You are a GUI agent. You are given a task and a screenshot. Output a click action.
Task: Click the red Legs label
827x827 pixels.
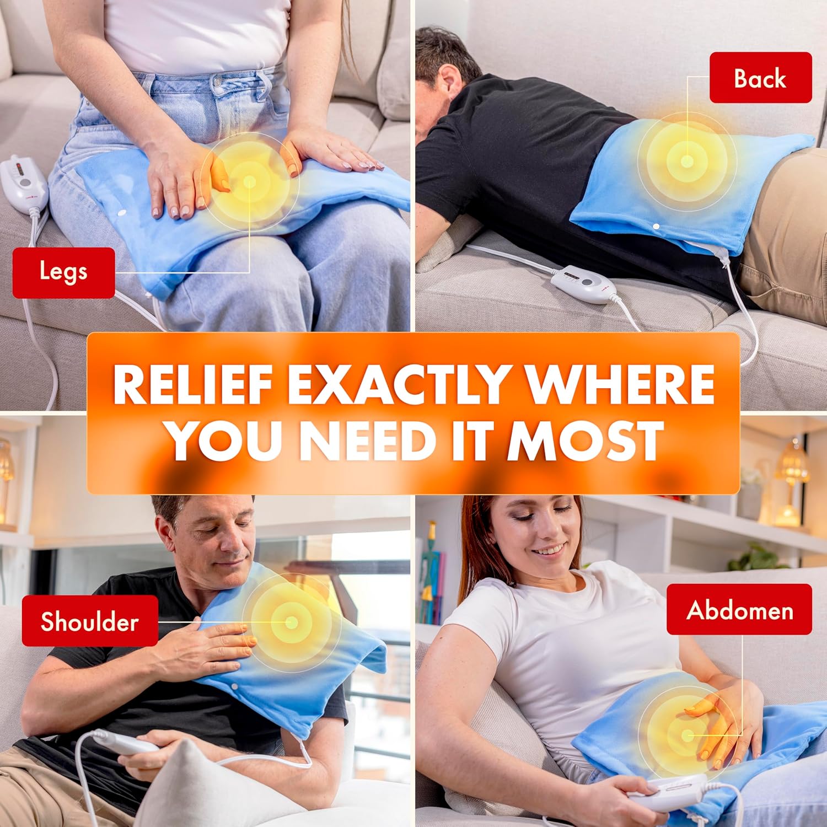(63, 272)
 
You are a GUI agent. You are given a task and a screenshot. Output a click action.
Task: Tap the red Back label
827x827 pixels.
(760, 78)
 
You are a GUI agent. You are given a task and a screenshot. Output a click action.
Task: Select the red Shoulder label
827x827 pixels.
(90, 621)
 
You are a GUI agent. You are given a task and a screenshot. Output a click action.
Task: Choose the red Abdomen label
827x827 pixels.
(739, 610)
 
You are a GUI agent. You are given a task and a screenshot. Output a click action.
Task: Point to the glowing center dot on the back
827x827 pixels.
(687, 161)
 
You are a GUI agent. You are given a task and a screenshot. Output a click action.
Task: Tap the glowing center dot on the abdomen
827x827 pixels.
(687, 735)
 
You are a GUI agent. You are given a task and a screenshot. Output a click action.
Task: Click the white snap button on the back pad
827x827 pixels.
(656, 226)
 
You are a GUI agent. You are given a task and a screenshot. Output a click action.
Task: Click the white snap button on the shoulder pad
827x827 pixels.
(235, 688)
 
